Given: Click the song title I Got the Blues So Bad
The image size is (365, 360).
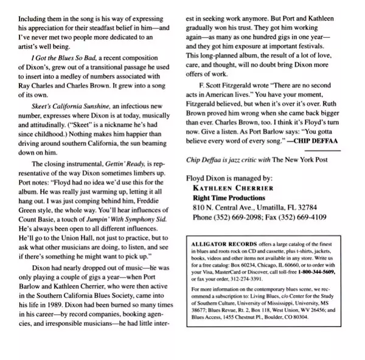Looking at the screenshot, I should (60, 74).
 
